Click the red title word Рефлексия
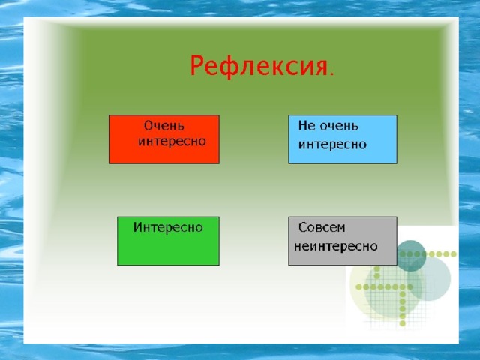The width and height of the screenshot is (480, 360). (x=259, y=66)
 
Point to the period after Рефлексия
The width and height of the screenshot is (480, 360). (x=332, y=73)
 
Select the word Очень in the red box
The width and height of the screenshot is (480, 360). (x=164, y=126)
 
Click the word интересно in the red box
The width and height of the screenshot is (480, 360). (x=172, y=142)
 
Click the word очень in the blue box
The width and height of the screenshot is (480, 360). (x=337, y=127)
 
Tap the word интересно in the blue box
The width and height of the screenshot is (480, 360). (x=332, y=145)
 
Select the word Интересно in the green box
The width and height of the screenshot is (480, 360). (x=168, y=227)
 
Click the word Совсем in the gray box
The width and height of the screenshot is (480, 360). (x=322, y=227)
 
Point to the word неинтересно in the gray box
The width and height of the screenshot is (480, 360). (x=336, y=246)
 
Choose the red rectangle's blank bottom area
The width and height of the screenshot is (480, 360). (x=164, y=156)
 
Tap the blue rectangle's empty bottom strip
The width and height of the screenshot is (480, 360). (x=343, y=157)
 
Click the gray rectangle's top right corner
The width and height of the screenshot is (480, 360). (x=397, y=217)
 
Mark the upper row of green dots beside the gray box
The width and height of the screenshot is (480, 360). (x=428, y=253)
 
